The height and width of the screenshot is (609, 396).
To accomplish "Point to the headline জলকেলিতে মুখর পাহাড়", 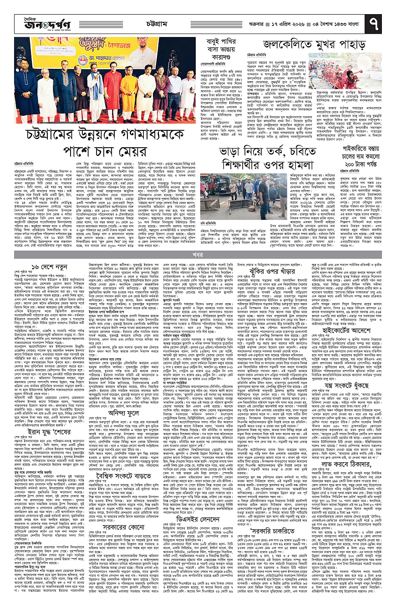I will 314,44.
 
